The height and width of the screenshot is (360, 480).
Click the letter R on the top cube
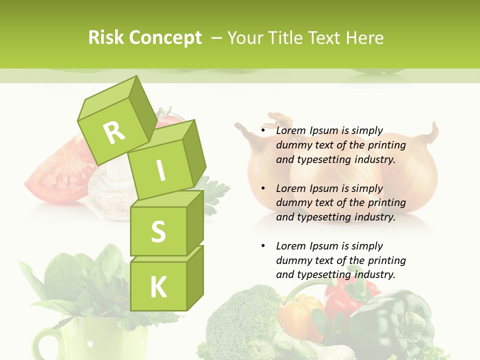[114, 132]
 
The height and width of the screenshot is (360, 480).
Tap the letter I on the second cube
[160, 171]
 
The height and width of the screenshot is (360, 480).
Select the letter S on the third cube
[158, 231]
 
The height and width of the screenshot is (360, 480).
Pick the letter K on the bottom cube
[158, 287]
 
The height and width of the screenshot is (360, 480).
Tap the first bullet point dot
[263, 131]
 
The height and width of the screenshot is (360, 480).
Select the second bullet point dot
[263, 188]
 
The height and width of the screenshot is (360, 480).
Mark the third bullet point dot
[263, 246]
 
